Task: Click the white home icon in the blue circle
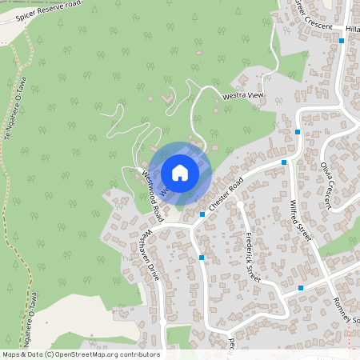(180, 173)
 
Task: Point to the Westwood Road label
(153, 196)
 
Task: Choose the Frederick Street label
(253, 256)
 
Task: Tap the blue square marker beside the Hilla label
(342, 40)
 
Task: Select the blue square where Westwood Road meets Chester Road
(202, 214)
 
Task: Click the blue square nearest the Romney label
(301, 287)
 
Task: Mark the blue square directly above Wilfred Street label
(284, 162)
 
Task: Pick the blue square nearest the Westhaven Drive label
(202, 258)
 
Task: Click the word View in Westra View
(254, 95)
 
